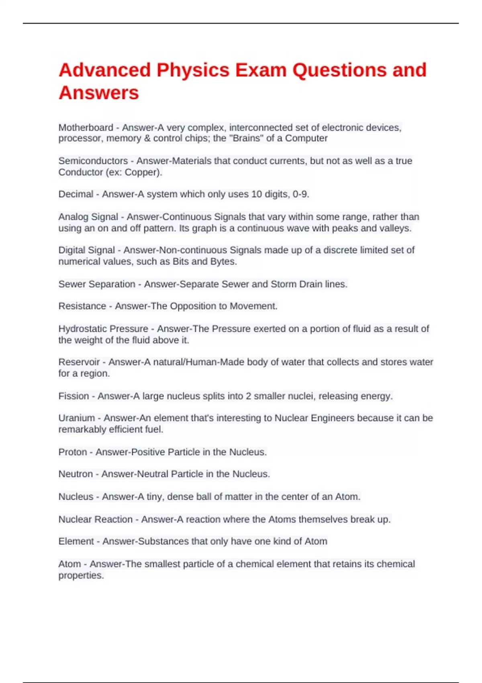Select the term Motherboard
[86, 128]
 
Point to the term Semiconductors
[93, 161]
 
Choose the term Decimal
[76, 194]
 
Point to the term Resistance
[82, 306]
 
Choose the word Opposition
[193, 306]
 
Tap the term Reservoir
[79, 362]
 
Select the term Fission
[74, 396]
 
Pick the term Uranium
[77, 418]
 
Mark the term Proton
[73, 452]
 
